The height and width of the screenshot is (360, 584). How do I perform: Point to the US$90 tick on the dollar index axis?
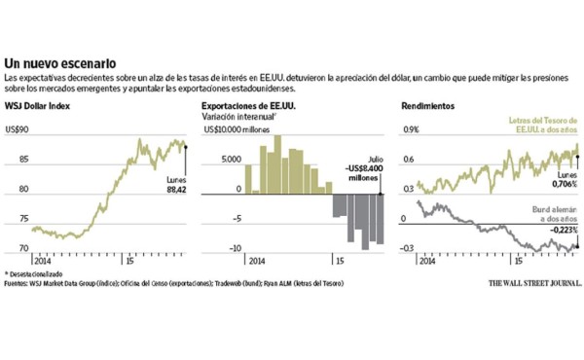[18, 128]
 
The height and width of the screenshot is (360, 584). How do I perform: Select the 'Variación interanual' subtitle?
[237, 117]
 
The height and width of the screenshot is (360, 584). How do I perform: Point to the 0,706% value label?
[563, 184]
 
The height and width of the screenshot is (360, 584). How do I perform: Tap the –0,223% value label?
[560, 231]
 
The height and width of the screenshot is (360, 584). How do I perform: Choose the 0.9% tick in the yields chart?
[411, 128]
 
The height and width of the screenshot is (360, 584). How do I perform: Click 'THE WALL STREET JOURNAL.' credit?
[530, 285]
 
